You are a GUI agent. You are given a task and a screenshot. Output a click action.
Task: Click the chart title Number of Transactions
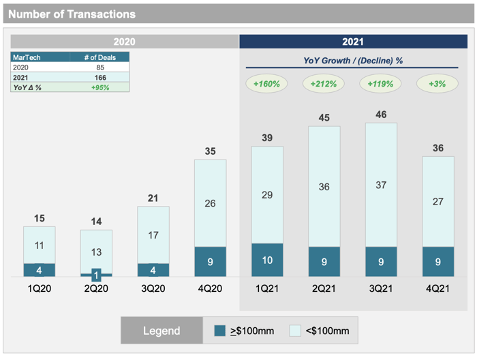72,14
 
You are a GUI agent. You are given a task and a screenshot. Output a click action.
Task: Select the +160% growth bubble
267,84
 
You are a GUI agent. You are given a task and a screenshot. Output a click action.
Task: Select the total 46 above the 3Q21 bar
381,115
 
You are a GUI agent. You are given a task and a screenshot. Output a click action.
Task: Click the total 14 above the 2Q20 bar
96,222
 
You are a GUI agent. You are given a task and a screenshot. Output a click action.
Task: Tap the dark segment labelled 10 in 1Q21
267,260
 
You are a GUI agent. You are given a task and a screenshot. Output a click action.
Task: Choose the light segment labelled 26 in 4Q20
211,203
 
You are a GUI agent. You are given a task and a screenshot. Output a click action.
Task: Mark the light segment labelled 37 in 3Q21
381,185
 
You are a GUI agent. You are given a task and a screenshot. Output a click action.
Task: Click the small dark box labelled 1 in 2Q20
96,274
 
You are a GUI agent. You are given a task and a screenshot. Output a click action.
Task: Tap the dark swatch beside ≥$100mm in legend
220,331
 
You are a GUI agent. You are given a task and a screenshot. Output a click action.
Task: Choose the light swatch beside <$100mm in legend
295,331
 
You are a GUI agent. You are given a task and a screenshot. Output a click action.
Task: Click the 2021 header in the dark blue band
354,42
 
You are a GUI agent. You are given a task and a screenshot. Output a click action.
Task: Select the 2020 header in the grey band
124,42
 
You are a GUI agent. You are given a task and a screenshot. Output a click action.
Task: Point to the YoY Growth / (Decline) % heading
353,61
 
